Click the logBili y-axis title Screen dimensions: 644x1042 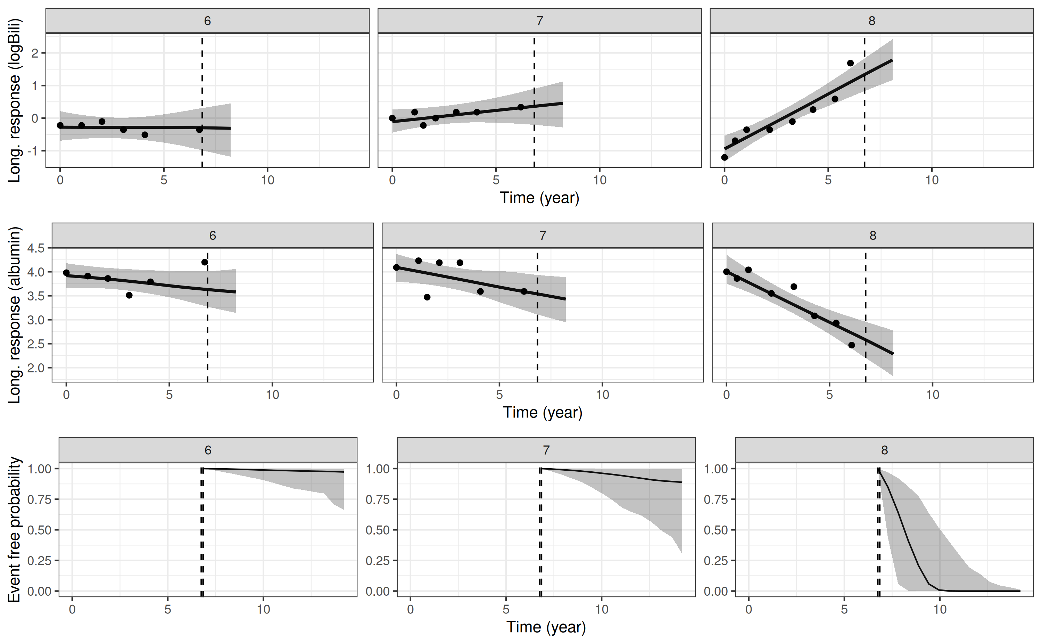click(x=15, y=100)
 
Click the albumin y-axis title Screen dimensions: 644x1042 click(x=15, y=315)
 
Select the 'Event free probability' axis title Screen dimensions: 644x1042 click(x=15, y=529)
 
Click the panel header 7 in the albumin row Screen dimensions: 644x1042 click(x=542, y=236)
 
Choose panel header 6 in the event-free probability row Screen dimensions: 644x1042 click(x=208, y=450)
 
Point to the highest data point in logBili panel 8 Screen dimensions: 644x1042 click(x=850, y=63)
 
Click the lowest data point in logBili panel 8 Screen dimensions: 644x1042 click(x=724, y=157)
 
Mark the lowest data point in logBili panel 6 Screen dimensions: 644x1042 click(x=145, y=134)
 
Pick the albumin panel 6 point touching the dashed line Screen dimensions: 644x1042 click(x=204, y=262)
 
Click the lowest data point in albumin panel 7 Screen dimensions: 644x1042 click(x=427, y=297)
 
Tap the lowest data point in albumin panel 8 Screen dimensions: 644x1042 click(x=852, y=345)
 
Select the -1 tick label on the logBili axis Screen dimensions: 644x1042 click(x=33, y=151)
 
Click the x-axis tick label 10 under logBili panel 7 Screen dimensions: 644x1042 click(x=599, y=180)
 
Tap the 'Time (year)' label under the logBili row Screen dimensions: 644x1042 click(x=539, y=198)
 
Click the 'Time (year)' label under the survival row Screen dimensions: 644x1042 click(x=546, y=627)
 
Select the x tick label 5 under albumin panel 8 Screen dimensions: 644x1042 click(x=829, y=395)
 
